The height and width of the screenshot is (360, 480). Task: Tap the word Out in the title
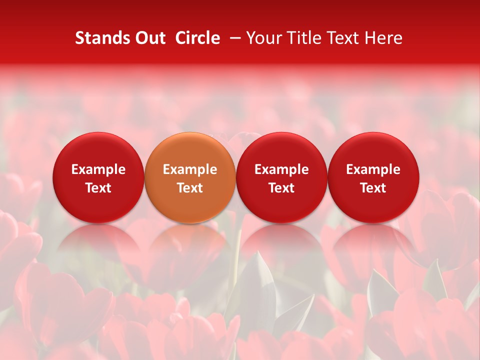149,38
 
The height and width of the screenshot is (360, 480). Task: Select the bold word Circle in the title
197,38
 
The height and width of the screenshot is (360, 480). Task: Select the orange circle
190,177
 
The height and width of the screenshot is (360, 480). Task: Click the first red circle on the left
98,177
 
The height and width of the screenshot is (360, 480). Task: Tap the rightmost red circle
373,177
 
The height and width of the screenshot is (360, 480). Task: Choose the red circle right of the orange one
281,177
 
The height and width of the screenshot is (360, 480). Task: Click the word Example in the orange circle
190,169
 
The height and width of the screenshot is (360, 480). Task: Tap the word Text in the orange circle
190,188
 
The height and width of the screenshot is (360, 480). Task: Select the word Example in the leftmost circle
98,169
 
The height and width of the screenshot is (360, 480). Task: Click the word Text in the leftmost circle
98,188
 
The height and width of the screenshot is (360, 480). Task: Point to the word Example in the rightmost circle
373,169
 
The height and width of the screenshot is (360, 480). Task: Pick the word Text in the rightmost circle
373,188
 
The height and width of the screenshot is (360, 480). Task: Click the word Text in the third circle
281,188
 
